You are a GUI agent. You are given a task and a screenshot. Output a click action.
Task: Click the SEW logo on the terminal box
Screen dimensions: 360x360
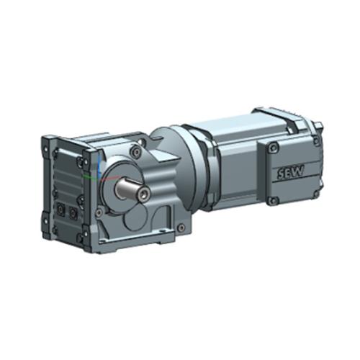291,171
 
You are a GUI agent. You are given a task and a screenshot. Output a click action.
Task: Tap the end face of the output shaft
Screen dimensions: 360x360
144,192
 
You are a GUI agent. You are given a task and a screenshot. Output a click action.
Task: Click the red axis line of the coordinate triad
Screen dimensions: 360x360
109,178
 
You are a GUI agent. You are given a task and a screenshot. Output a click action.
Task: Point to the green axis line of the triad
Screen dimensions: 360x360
90,177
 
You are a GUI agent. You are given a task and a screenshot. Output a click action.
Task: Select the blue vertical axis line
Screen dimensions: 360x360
99,166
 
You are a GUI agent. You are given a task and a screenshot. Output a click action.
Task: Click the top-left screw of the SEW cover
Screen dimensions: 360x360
272,147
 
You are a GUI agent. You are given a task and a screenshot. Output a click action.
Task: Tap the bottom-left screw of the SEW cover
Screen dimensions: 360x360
273,200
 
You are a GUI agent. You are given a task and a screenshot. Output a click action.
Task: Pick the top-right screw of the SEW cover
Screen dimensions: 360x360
317,142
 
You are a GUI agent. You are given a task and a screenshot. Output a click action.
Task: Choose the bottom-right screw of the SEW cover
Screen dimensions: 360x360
316,194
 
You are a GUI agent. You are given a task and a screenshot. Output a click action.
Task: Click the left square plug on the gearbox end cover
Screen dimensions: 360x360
60,210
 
